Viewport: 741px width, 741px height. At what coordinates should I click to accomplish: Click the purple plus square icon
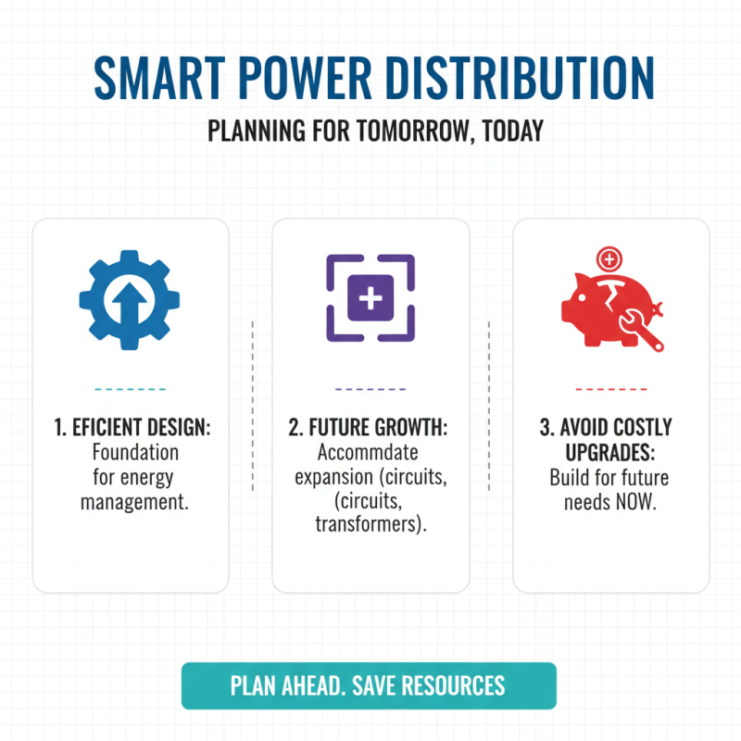pyautogui.click(x=370, y=298)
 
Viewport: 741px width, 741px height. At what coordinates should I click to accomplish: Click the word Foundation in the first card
pyautogui.click(x=130, y=453)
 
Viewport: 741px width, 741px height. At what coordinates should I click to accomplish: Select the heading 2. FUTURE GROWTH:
pyautogui.click(x=370, y=429)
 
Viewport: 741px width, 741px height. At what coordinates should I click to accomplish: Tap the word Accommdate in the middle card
pyautogui.click(x=368, y=453)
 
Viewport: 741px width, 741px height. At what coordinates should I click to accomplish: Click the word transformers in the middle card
pyautogui.click(x=370, y=525)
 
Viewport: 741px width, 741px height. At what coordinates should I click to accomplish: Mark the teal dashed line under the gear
pyautogui.click(x=130, y=389)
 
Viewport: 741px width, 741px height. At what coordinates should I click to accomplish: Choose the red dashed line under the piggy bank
pyautogui.click(x=610, y=389)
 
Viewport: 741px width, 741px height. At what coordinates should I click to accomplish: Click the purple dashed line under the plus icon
pyautogui.click(x=370, y=389)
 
